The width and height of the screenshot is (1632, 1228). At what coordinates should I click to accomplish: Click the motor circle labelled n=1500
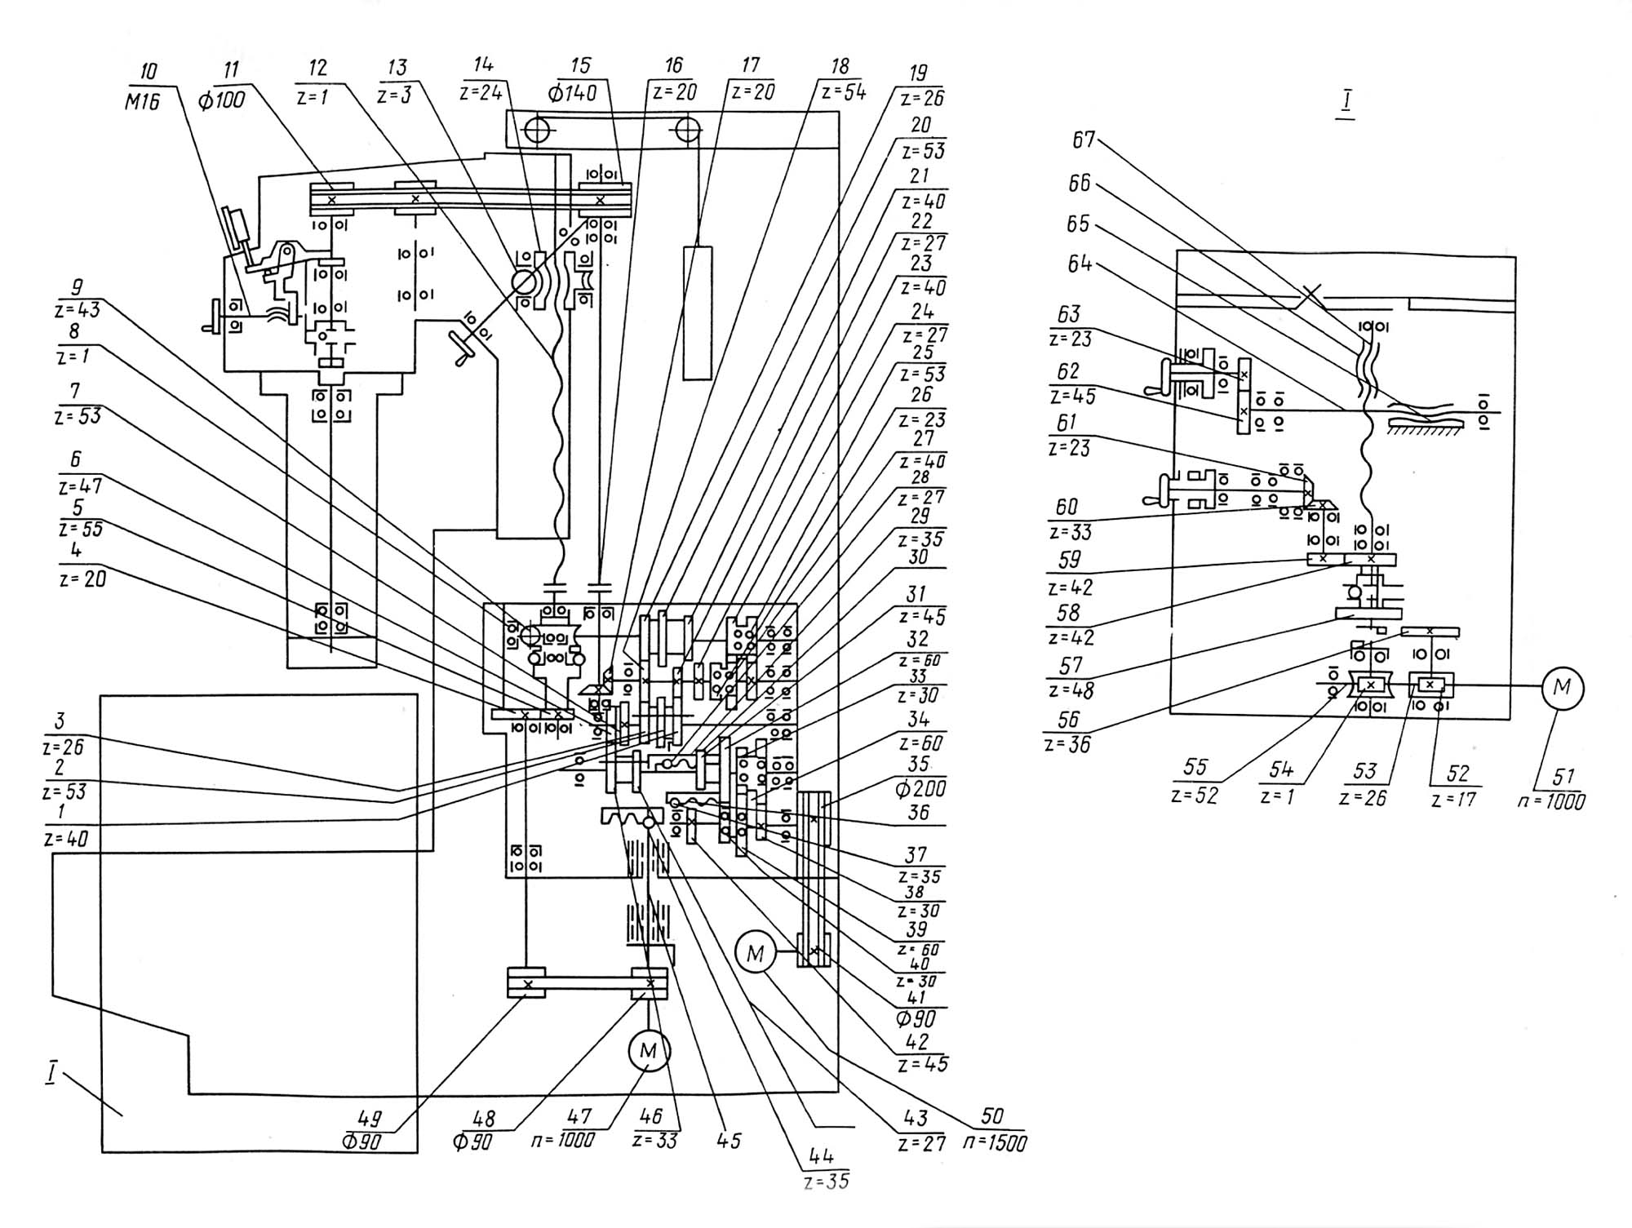pyautogui.click(x=756, y=952)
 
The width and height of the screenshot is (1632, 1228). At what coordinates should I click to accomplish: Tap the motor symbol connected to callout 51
pyautogui.click(x=1562, y=688)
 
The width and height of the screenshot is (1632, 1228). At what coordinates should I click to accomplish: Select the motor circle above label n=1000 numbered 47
pyautogui.click(x=649, y=1051)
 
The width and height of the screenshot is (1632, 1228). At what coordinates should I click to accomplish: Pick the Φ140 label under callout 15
pyautogui.click(x=574, y=92)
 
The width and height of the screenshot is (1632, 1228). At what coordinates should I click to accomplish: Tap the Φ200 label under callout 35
pyautogui.click(x=921, y=788)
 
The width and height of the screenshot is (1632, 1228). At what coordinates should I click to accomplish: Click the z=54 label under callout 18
pyautogui.click(x=843, y=92)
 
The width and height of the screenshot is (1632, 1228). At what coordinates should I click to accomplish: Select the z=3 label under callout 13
pyautogui.click(x=395, y=95)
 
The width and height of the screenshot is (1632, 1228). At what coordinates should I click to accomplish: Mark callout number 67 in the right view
pyautogui.click(x=1083, y=140)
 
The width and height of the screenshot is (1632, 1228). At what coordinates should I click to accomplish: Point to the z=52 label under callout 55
pyautogui.click(x=1194, y=796)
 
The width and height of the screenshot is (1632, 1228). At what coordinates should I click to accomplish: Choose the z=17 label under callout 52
pyautogui.click(x=1453, y=800)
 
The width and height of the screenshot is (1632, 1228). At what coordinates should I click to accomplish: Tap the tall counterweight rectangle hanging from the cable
pyautogui.click(x=698, y=313)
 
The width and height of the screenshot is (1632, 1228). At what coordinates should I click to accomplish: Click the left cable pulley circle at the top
pyautogui.click(x=539, y=131)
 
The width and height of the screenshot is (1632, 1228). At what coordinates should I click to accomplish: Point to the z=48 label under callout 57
pyautogui.click(x=1071, y=690)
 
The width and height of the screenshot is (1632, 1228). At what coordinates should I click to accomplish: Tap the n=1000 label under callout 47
pyautogui.click(x=563, y=1140)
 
